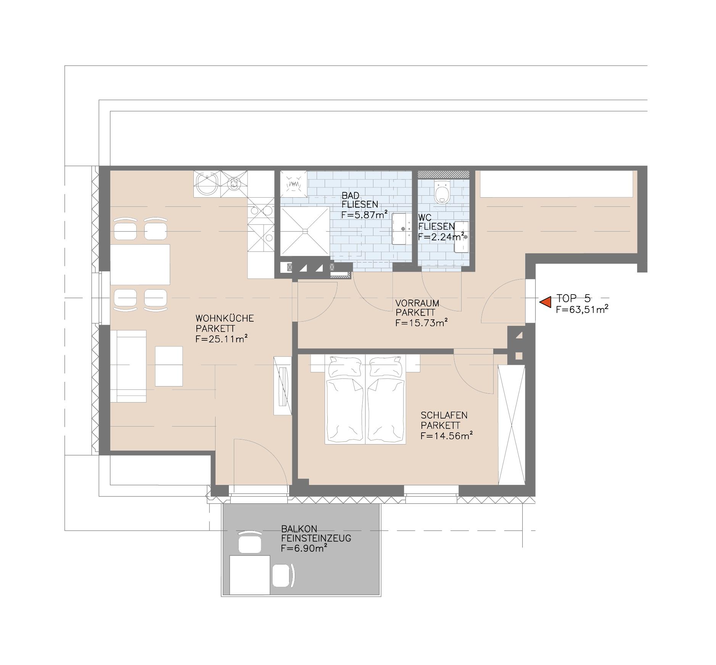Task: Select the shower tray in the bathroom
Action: tap(305, 231)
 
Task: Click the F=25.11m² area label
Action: tap(222, 339)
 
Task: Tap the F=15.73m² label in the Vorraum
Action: tap(421, 323)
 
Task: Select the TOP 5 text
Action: tap(573, 298)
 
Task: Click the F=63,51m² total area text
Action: tap(581, 309)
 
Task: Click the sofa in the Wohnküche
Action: tap(128, 366)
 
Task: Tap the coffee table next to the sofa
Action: tap(169, 366)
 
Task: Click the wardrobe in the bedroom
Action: tap(512, 425)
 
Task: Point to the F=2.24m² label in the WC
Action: tap(441, 237)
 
